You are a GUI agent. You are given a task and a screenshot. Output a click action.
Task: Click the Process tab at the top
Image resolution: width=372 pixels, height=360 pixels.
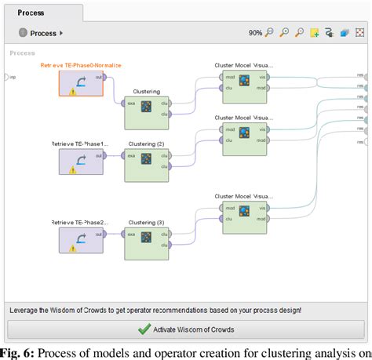[31, 13]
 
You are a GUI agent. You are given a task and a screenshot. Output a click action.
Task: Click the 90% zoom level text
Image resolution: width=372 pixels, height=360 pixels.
[255, 33]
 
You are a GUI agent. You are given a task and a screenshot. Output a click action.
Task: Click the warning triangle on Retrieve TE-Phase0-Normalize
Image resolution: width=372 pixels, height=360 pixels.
[73, 92]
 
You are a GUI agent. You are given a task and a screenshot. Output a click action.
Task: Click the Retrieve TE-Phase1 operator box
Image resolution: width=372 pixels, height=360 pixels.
[81, 162]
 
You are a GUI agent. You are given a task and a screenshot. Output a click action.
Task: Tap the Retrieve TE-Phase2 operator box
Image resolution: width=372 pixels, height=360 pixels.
[81, 240]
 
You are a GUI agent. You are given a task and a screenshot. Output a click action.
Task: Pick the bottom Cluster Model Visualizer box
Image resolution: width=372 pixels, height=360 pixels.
[244, 216]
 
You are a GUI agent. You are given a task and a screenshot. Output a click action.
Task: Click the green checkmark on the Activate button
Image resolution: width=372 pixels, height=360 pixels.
[144, 329]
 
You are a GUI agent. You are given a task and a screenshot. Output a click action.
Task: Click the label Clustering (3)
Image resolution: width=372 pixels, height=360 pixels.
[147, 222]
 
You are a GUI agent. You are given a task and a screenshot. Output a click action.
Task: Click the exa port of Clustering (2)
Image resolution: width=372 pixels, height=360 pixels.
[128, 155]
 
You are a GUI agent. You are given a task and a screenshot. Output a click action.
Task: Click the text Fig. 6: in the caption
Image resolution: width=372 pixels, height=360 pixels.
[16, 352]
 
